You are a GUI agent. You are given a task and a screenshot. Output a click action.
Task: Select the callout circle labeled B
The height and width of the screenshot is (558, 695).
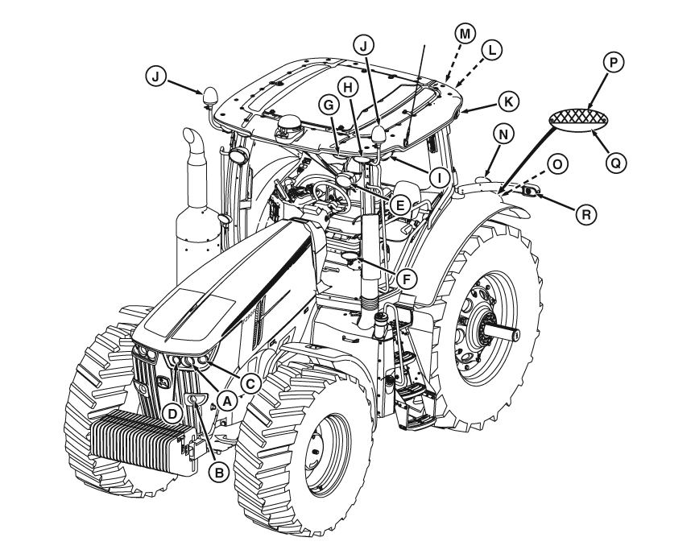217,473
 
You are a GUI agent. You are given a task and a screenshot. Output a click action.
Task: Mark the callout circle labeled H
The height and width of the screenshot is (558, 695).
348,88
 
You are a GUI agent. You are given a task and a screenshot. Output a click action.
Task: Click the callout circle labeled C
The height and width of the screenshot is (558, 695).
250,384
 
